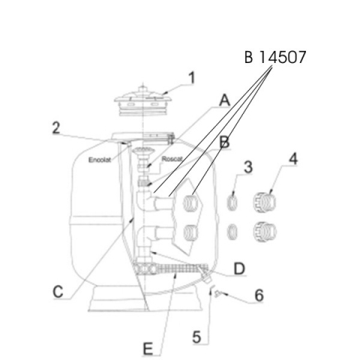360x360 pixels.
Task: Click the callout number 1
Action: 191,78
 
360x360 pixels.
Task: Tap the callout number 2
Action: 56,128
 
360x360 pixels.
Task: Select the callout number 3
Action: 248,167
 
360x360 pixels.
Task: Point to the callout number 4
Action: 293,158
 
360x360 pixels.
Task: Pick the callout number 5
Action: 196,337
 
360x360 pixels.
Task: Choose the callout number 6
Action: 259,295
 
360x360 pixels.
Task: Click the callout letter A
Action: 224,100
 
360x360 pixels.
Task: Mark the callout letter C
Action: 58,292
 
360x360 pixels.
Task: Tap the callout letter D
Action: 239,268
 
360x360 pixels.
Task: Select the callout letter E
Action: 148,349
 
